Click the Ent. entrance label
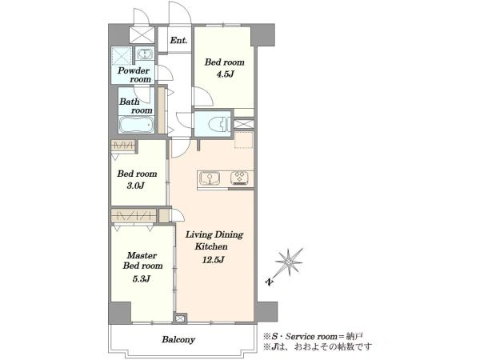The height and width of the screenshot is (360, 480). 178,40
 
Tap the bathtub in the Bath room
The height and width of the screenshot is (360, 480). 137,125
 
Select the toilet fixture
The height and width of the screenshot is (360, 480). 218,124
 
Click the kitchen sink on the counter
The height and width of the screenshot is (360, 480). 210,178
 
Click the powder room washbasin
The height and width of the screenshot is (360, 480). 144,54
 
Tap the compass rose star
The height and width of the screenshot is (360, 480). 289,262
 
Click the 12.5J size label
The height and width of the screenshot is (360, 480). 214,260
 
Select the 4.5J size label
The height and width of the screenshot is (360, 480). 225,74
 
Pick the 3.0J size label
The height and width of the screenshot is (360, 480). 136,186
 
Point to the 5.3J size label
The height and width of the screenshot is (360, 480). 142,278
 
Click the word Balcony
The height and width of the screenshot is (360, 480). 178,339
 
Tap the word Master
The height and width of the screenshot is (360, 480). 142,255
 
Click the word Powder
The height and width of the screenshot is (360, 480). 134,70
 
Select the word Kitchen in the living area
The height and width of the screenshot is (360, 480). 211,246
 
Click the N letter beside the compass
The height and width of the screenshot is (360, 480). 269,282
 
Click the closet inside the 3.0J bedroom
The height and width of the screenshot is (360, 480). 123,145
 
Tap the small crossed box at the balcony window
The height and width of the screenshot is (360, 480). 180,318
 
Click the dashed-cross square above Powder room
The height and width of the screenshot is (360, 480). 121,55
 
